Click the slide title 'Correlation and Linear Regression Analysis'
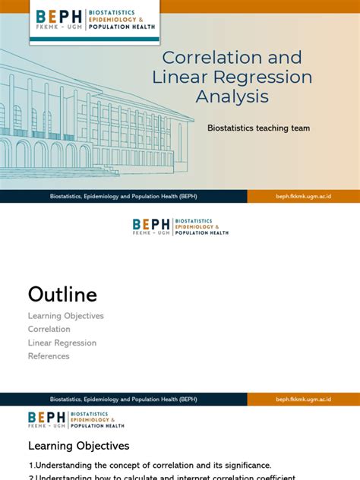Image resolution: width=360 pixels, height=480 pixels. coord(232,77)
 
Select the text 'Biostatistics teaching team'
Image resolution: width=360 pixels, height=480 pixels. coord(258,128)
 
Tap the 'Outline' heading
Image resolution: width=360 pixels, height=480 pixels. coord(62,294)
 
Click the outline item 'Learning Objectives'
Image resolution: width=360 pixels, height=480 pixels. coord(65,316)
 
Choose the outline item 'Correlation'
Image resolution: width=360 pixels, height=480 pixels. coord(49,330)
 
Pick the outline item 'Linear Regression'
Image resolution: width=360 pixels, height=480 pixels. coord(62,343)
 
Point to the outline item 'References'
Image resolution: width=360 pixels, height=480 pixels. coord(49,356)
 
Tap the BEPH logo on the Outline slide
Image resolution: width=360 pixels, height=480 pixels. coord(180,226)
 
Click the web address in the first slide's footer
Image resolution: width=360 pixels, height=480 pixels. coord(303,197)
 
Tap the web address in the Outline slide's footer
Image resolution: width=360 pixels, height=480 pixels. coord(303,399)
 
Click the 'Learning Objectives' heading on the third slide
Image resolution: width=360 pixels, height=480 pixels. coord(79,446)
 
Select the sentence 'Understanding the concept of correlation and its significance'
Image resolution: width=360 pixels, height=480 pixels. coord(150,466)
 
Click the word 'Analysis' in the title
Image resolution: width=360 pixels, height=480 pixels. coord(232,97)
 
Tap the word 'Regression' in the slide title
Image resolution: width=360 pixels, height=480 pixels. coord(265,77)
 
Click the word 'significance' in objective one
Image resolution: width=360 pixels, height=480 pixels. coord(246,466)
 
